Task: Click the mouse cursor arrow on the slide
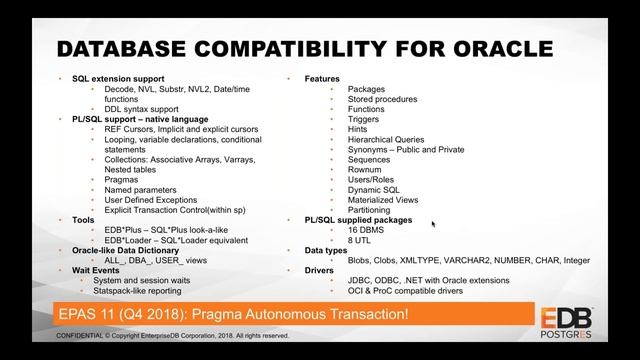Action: pyautogui.click(x=433, y=225)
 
